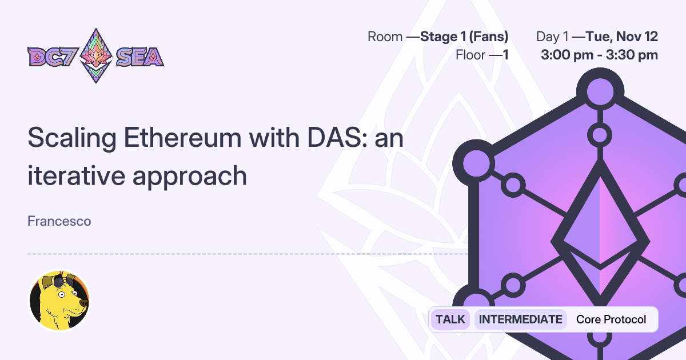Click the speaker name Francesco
(x=59, y=221)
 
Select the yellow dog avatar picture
(x=59, y=301)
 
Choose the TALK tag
(x=450, y=319)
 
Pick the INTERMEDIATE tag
(x=520, y=319)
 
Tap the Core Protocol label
(x=611, y=319)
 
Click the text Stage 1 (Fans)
(x=464, y=37)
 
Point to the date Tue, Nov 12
(x=622, y=37)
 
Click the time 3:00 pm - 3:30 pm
(x=599, y=55)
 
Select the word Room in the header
(x=385, y=37)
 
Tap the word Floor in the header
(x=470, y=55)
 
